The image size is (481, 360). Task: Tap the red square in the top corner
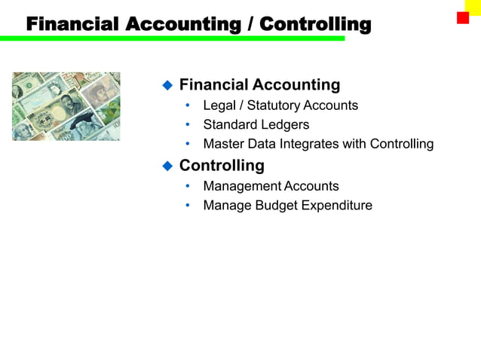pos(462,18)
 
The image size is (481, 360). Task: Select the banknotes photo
pos(66,106)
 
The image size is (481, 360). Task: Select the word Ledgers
pos(284,124)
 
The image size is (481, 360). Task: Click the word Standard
pos(229,124)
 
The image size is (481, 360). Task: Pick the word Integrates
pos(308,144)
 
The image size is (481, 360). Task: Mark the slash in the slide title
pos(250,24)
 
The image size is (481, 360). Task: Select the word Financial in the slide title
pos(72,24)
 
